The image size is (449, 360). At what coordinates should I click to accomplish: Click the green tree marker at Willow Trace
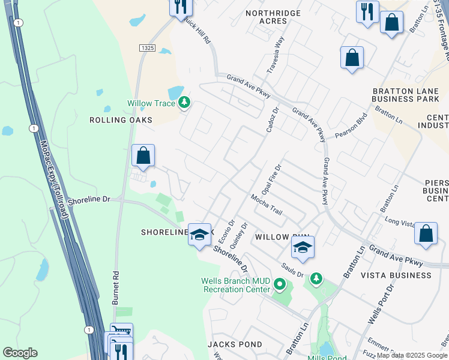[x=184, y=103]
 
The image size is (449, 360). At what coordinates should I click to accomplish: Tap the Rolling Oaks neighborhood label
[x=121, y=120]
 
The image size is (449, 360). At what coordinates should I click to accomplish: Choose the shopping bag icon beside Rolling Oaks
[x=143, y=157]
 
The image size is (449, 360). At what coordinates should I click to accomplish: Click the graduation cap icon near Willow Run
[x=303, y=247]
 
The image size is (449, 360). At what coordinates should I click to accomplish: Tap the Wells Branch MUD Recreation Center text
[x=236, y=285]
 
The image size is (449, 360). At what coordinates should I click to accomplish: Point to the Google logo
[x=20, y=353]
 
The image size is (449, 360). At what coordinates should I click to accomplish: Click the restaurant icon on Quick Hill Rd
[x=179, y=7]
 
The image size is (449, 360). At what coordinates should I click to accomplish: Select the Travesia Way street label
[x=279, y=55]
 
